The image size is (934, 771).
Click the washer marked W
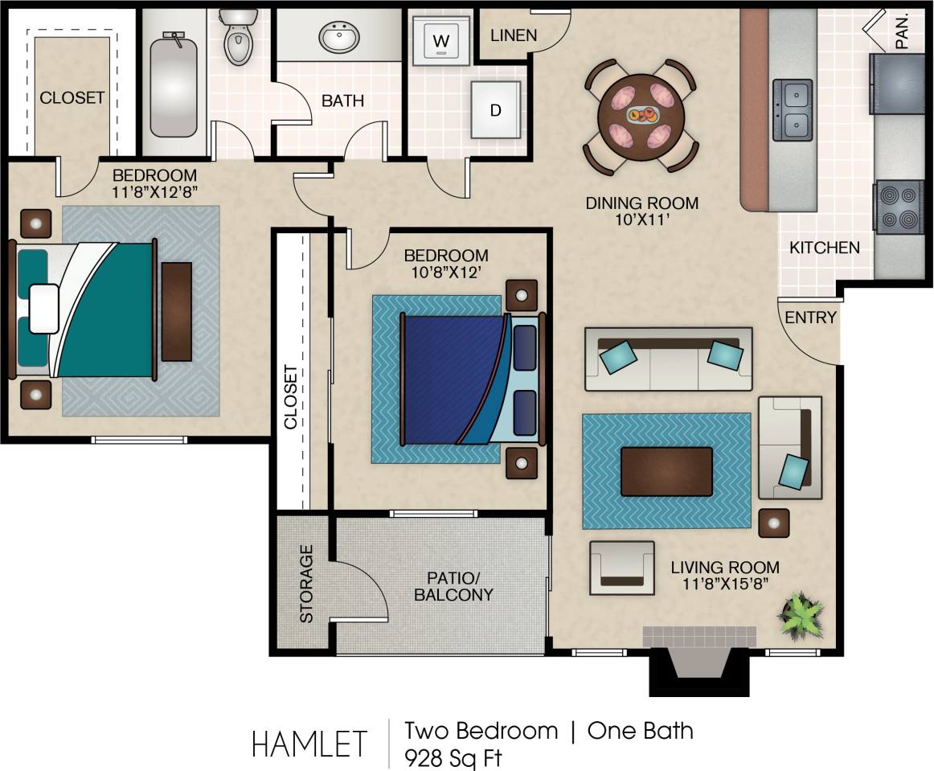coord(440,39)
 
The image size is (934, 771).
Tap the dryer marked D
coord(495,110)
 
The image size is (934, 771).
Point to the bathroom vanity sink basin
coord(339,36)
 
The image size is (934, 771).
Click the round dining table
coord(641,117)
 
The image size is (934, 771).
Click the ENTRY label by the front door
coord(810,318)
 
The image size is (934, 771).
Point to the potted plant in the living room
coord(801,616)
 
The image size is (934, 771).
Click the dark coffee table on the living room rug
coord(666,471)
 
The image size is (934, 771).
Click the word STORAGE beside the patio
coord(306,583)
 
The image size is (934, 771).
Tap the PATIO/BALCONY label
coord(453,586)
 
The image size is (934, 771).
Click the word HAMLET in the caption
coord(309,744)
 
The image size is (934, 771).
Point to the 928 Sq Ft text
coord(455,757)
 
